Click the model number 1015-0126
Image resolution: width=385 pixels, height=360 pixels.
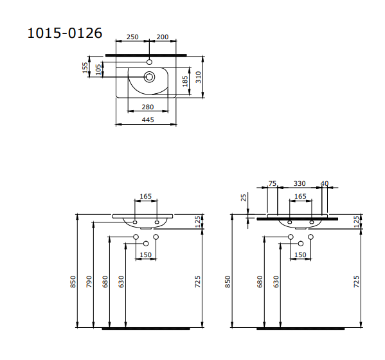click(64, 33)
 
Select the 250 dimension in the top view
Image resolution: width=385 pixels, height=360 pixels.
click(132, 37)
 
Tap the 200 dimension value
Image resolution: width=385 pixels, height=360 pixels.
click(163, 37)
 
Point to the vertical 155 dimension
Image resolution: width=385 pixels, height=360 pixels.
click(85, 67)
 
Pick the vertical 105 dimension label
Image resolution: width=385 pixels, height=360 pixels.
click(98, 69)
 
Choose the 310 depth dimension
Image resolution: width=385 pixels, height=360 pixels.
click(200, 77)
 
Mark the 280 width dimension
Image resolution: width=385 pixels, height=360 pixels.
click(148, 107)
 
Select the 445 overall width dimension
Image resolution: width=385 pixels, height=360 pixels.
click(148, 119)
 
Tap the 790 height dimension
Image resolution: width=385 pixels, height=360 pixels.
click(89, 281)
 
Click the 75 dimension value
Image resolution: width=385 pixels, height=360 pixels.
click(272, 184)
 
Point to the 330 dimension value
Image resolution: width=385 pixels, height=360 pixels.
click(300, 184)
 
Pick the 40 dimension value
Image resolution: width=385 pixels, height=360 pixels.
click(324, 184)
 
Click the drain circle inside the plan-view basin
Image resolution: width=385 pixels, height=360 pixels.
click(149, 76)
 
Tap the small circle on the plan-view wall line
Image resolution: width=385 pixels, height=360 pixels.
click(149, 62)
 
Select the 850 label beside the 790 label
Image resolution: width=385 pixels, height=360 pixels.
click(73, 281)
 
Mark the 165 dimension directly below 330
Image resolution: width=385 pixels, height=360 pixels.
click(300, 197)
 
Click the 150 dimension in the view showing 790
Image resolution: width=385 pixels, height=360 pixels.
click(147, 255)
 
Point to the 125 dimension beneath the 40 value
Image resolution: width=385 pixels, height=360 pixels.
click(356, 222)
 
